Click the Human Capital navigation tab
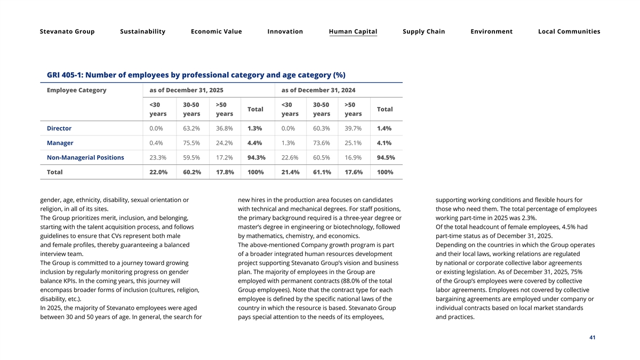pos(353,31)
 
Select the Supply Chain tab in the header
pos(423,31)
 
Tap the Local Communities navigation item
pos(569,31)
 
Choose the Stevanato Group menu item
pos(67,31)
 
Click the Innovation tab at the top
pos(285,31)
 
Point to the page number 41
pos(593,338)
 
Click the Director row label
pos(59,129)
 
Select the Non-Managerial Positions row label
pos(85,157)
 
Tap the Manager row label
pos(60,143)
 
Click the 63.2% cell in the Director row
pos(191,129)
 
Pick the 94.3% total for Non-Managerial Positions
pos(257,157)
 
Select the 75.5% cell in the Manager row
pos(191,143)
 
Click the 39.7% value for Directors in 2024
pos(353,129)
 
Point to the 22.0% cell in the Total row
pos(158,172)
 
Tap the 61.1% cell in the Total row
pos(322,172)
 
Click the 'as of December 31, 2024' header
pos(318,90)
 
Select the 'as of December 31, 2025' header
pos(186,90)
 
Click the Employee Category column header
pos(77,90)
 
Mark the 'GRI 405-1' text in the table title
pos(65,75)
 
